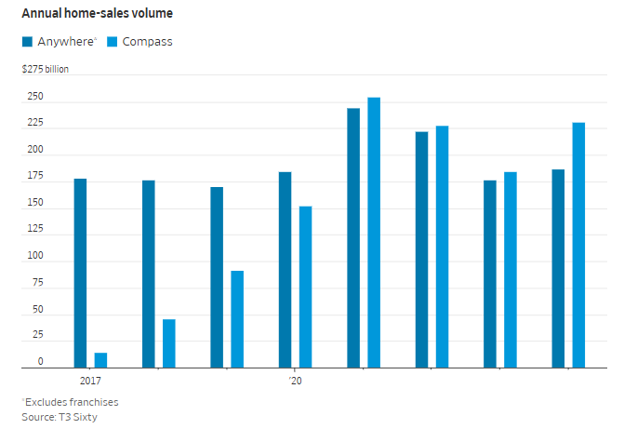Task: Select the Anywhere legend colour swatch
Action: (28, 42)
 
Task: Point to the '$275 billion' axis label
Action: (46, 69)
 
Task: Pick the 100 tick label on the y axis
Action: (33, 255)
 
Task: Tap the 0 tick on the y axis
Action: (40, 361)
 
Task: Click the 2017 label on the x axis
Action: (90, 382)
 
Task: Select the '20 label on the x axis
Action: (295, 382)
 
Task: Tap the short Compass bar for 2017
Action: (100, 360)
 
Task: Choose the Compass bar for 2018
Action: (169, 343)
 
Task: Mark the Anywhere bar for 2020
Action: (285, 270)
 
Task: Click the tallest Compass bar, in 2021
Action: (374, 233)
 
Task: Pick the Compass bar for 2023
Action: (511, 270)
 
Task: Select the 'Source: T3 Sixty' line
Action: (60, 417)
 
